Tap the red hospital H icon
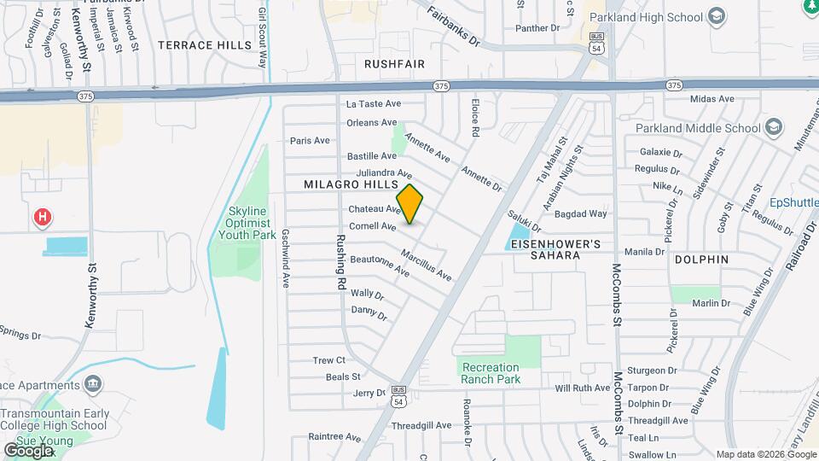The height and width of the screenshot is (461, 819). tap(41, 219)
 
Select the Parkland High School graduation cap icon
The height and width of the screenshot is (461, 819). tap(717, 17)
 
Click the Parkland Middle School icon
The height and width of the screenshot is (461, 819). tap(773, 128)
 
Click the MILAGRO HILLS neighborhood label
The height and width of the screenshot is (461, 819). tap(351, 185)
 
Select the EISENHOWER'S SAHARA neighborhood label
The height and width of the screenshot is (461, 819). tap(554, 249)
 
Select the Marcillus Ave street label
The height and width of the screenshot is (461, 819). tap(426, 266)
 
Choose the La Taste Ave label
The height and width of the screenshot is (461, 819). tap(372, 104)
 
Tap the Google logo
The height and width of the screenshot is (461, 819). tap(28, 450)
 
